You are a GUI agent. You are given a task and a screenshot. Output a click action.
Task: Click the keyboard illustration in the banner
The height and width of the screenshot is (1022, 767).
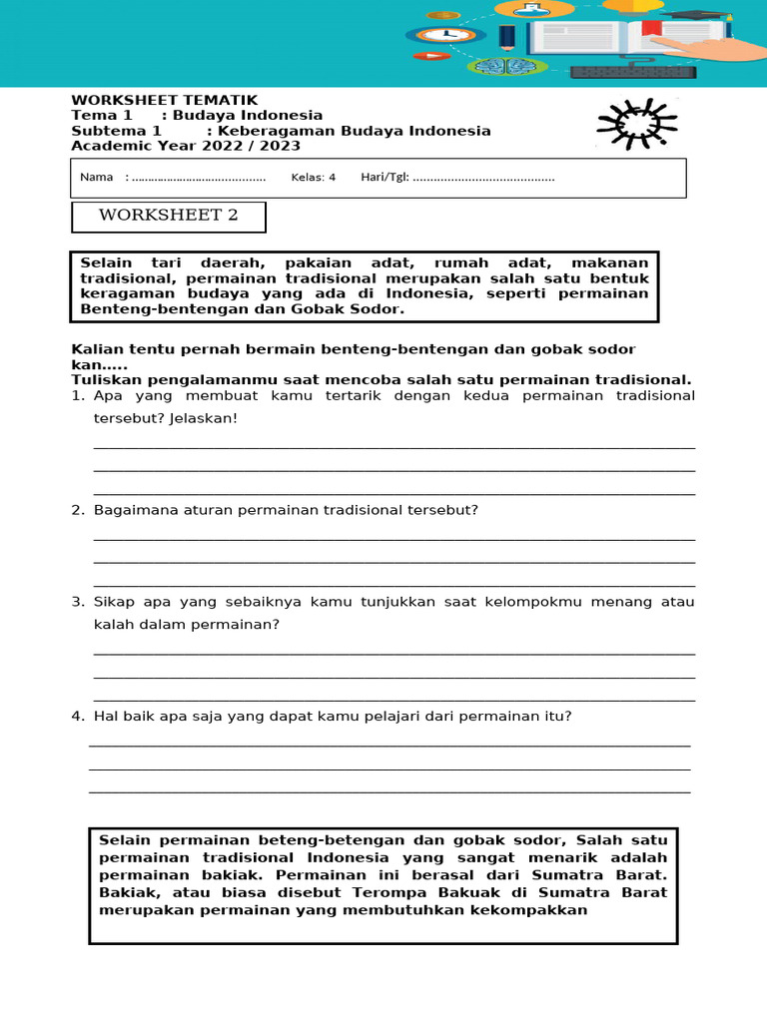pyautogui.click(x=633, y=72)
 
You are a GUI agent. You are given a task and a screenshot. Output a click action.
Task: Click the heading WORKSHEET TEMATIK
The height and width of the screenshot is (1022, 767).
pyautogui.click(x=164, y=100)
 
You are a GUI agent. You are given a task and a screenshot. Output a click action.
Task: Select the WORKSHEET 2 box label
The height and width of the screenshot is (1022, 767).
pyautogui.click(x=169, y=217)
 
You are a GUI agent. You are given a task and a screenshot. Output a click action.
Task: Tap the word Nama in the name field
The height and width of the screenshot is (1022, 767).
pyautogui.click(x=96, y=178)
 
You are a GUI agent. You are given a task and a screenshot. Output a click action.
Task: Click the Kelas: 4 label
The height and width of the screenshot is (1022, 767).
pyautogui.click(x=313, y=178)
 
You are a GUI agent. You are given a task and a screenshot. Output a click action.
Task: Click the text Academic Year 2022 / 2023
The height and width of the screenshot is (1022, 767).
pyautogui.click(x=186, y=146)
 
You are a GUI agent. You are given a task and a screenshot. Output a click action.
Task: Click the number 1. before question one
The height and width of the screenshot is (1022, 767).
pyautogui.click(x=77, y=396)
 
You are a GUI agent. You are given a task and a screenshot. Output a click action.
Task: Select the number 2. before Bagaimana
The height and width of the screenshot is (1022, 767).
pyautogui.click(x=77, y=510)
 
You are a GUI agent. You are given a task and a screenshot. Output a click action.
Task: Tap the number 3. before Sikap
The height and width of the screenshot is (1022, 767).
pyautogui.click(x=77, y=602)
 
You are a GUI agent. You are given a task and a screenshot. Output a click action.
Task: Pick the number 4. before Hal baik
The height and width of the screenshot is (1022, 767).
pyautogui.click(x=77, y=716)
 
